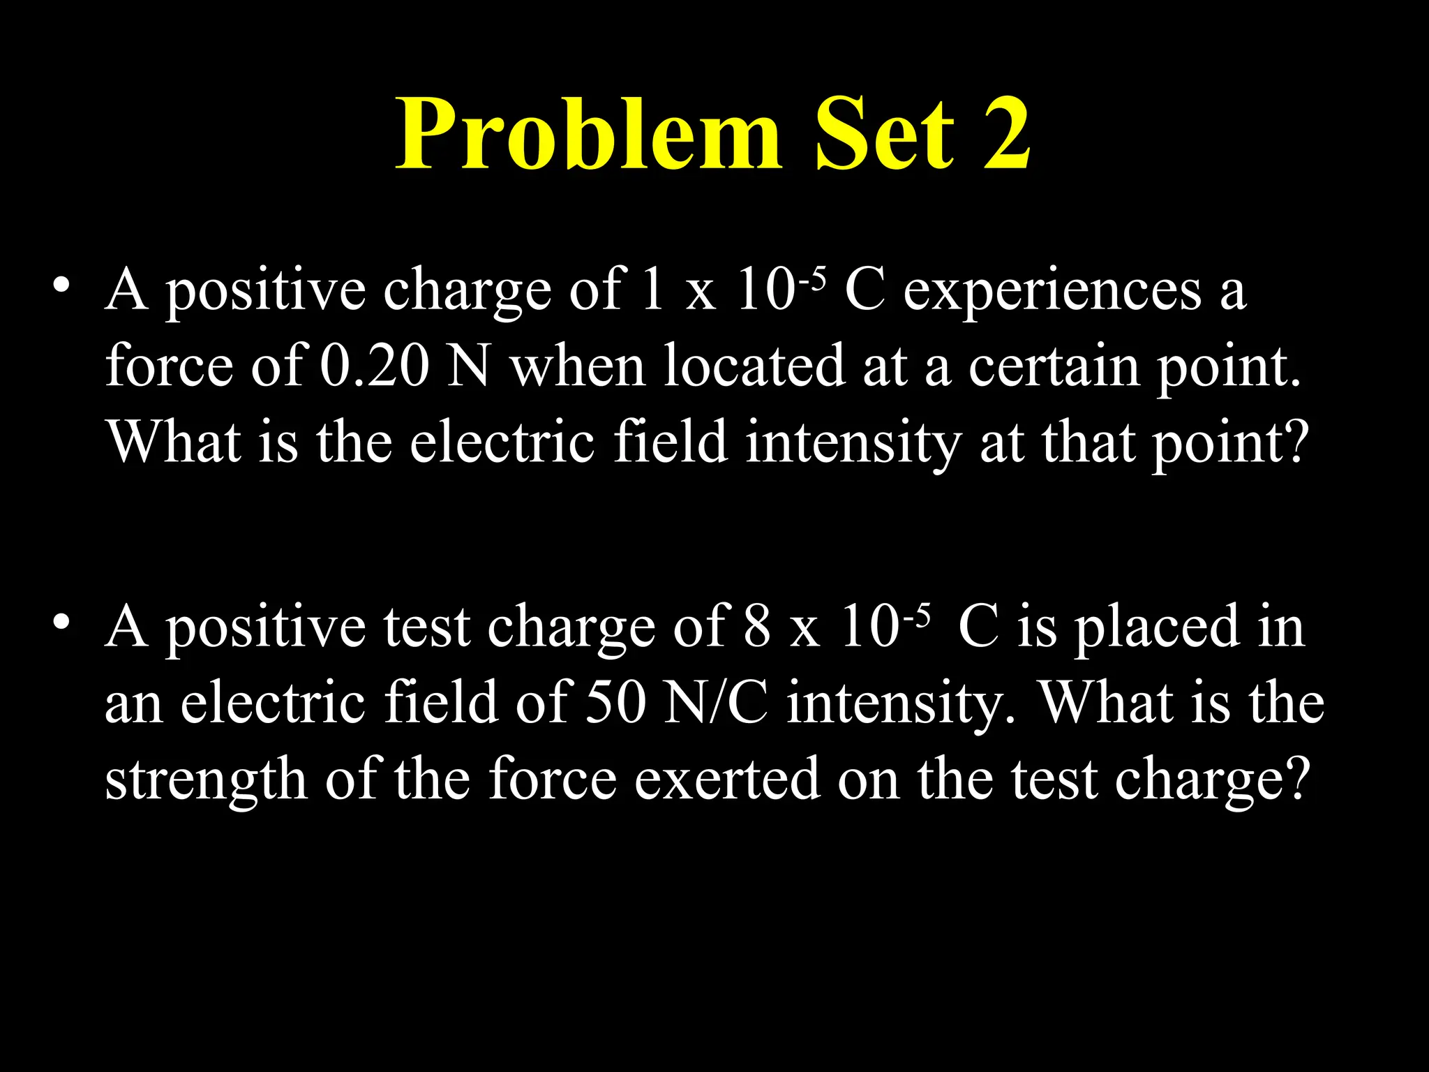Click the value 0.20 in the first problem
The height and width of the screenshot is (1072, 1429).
click(374, 366)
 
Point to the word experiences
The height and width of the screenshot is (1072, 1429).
click(1052, 290)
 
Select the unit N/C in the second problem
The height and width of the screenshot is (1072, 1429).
click(716, 703)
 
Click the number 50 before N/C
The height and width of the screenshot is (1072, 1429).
click(615, 703)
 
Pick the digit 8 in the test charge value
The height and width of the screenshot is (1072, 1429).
click(757, 627)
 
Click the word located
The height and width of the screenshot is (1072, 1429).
click(754, 366)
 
